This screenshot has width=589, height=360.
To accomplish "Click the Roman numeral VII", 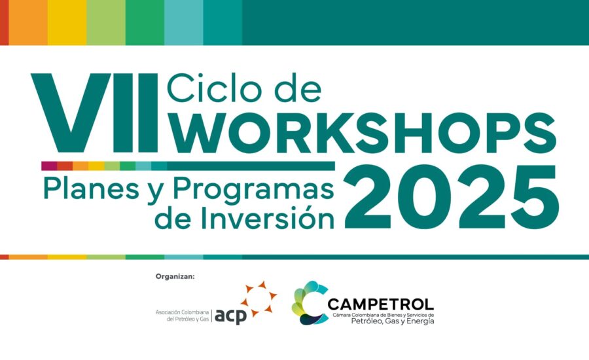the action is coord(94,113).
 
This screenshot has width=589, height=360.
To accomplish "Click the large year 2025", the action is coord(452,197).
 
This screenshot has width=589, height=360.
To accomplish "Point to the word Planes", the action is coord(91,189).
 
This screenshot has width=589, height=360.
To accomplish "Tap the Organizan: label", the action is coord(175,277).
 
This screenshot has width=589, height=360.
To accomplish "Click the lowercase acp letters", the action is coord(230,316).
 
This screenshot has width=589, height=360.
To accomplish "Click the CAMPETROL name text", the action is coord(380,304).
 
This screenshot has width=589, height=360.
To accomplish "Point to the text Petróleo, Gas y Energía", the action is coord(393,321).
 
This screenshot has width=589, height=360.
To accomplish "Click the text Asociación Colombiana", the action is coord(182,312).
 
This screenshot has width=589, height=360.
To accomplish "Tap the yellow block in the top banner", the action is coord(67,22).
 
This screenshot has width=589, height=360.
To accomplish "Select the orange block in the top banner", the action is coord(28,22).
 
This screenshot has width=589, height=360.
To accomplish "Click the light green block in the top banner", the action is coord(106,22).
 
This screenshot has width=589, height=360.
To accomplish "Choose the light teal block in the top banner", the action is coord(184,22).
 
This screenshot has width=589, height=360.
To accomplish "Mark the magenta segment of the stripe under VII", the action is coord(49,166).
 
